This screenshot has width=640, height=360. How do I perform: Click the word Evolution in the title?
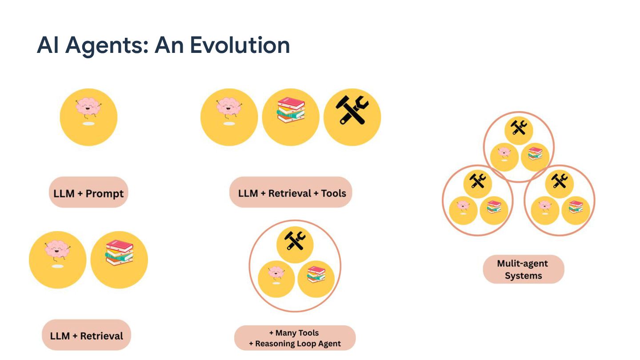coord(240,45)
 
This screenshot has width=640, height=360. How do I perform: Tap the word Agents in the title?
coord(107,45)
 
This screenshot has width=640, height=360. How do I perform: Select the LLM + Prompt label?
coord(88,193)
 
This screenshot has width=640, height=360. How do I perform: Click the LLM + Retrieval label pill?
coord(87,336)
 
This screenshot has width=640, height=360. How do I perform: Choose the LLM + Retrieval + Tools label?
coord(292,193)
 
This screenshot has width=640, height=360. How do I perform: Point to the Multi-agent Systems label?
coord(523,269)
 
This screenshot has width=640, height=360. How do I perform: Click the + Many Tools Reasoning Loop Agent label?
coord(295,338)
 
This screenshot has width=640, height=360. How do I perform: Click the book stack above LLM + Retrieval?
coord(119,252)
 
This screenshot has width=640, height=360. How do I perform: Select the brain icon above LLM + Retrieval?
coord(57,251)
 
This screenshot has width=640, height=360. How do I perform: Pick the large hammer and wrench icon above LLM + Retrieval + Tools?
coord(352,111)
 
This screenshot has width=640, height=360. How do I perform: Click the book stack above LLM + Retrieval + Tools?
coord(291,110)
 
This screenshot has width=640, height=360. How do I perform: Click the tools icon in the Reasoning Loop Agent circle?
coord(295,240)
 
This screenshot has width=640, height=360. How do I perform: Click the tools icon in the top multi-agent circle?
coord(518,128)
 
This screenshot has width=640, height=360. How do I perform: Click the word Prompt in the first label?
coord(105,194)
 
